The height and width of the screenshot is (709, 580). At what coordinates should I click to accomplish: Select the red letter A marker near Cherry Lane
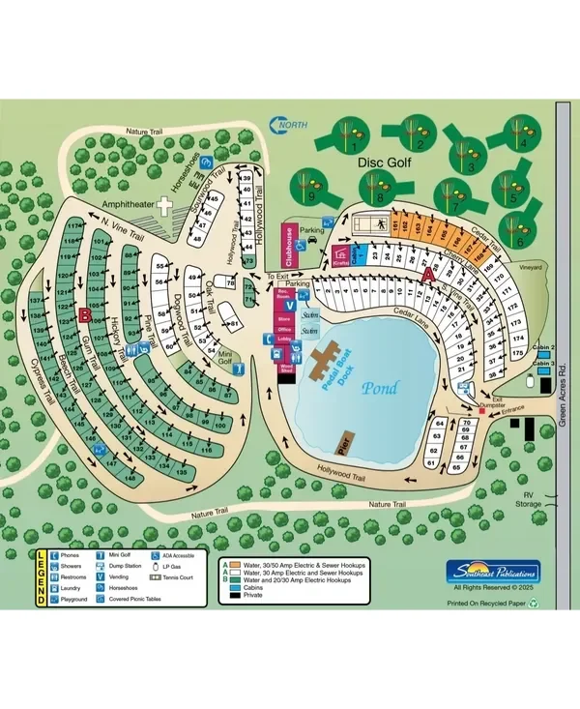point(428,275)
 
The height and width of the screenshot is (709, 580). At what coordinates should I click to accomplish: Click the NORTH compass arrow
point(285,125)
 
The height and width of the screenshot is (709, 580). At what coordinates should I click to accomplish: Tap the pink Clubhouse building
point(287,243)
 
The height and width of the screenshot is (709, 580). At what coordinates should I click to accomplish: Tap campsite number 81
point(233,323)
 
